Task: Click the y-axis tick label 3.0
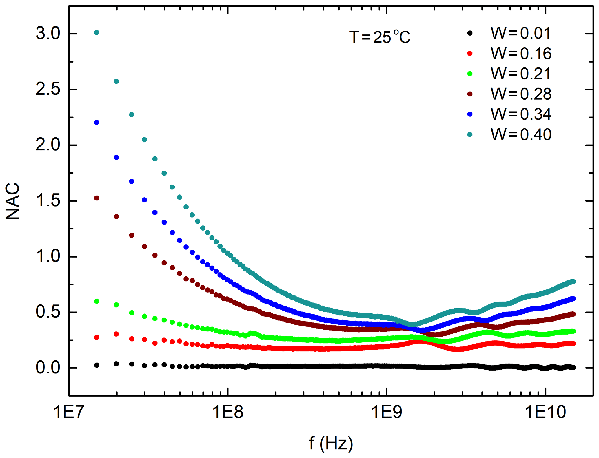point(48,33)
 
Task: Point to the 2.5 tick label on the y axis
point(48,89)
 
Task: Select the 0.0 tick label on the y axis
point(48,368)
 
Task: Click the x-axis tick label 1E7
point(69,412)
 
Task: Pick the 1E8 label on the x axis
point(228,412)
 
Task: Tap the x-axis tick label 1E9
point(387,412)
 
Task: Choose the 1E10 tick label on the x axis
point(545,412)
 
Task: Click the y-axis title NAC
point(13,201)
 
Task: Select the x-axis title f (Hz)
point(331,443)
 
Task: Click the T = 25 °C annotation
point(380,37)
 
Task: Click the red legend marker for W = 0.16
point(470,54)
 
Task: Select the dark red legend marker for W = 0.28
point(470,94)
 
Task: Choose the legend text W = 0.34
point(521,114)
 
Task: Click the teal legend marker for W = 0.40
point(470,134)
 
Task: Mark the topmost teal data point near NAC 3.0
point(97,32)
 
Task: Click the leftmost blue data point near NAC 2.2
point(97,122)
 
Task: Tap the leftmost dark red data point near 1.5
point(97,198)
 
